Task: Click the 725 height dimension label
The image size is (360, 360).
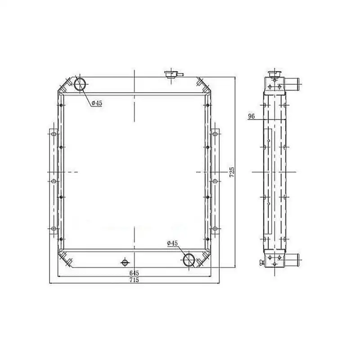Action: pyautogui.click(x=232, y=172)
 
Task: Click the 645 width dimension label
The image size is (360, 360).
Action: pyautogui.click(x=134, y=273)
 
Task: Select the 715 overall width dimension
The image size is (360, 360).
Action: pyautogui.click(x=134, y=280)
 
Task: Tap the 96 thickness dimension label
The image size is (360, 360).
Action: pyautogui.click(x=252, y=117)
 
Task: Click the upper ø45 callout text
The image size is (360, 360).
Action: pyautogui.click(x=97, y=103)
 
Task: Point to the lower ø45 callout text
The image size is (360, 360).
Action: pyautogui.click(x=172, y=243)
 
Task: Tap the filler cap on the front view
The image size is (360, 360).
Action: pyautogui.click(x=172, y=74)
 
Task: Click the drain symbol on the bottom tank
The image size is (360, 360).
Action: pyautogui.click(x=125, y=262)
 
